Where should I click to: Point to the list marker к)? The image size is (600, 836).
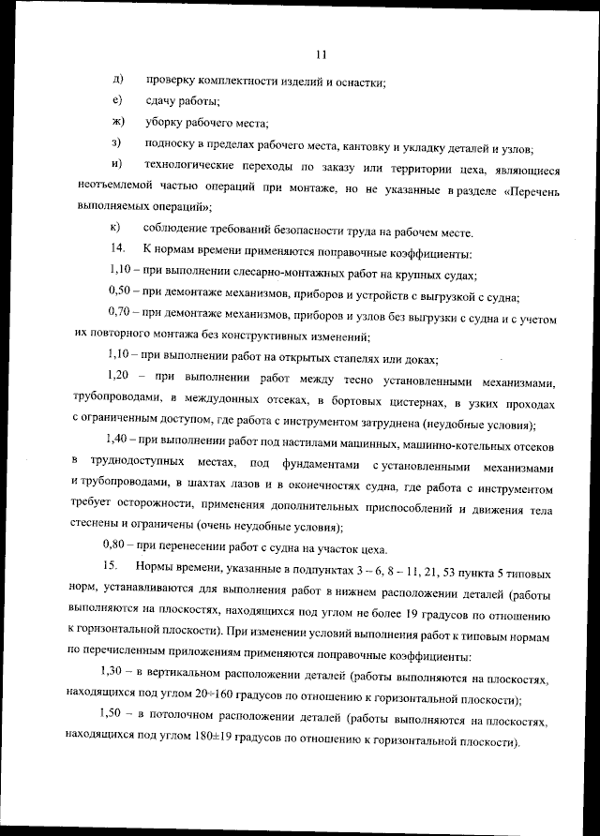[x=116, y=228]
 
